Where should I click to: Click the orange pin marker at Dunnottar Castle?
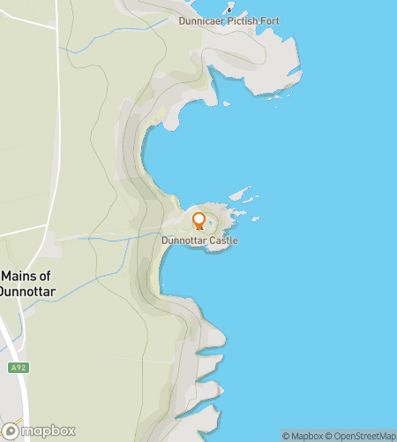(x=198, y=221)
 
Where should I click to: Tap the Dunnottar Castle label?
(x=199, y=240)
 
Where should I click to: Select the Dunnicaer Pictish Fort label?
(x=228, y=20)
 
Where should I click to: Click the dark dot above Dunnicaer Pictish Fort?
(x=229, y=10)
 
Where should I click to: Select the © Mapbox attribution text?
(x=301, y=436)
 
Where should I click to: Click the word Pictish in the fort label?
(x=236, y=20)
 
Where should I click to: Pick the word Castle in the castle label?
(x=222, y=240)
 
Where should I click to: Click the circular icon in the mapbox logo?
(x=11, y=431)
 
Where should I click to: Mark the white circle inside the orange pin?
(x=198, y=218)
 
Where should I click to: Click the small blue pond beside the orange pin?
(x=210, y=222)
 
